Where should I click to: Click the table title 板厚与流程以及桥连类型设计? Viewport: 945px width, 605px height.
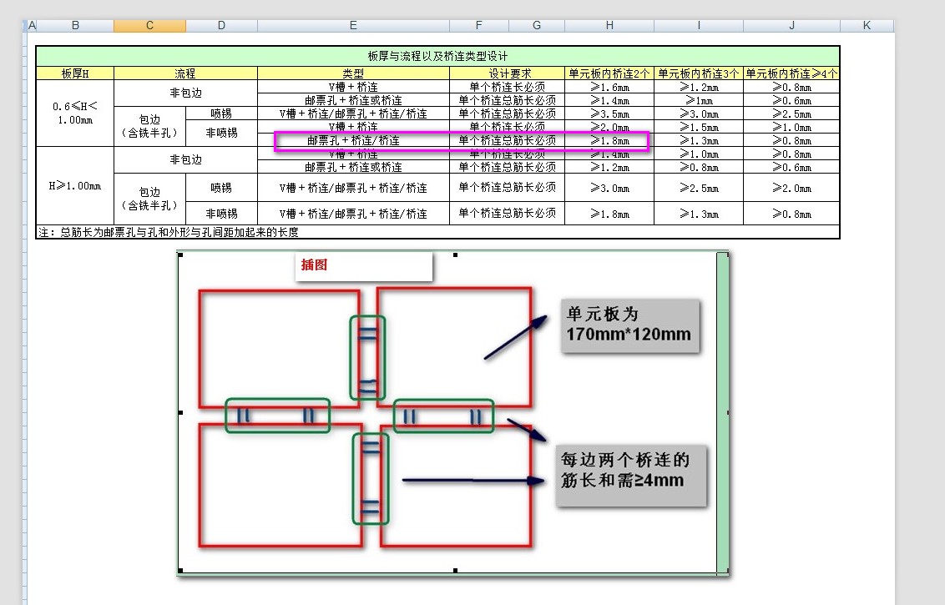(437, 56)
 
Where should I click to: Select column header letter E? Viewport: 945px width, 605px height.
(353, 25)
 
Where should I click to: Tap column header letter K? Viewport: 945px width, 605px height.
(867, 25)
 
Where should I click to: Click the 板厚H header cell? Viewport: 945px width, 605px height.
(75, 73)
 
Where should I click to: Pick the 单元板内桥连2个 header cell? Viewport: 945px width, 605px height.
(609, 73)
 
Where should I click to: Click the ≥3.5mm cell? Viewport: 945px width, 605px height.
(609, 113)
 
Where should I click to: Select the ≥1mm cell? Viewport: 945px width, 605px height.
(699, 100)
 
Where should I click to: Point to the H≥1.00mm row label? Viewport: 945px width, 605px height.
(75, 185)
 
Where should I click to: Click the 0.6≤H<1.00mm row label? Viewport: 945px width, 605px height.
(75, 113)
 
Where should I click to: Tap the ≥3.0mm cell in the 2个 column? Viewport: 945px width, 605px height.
(609, 188)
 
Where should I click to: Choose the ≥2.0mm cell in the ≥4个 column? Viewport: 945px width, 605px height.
(792, 188)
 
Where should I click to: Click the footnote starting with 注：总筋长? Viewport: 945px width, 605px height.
(168, 232)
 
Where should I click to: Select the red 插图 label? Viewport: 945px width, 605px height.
(314, 265)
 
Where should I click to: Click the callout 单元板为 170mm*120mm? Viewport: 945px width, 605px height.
(629, 325)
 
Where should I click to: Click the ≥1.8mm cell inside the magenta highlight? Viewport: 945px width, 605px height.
(609, 140)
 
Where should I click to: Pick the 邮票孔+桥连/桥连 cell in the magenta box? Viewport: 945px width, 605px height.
(353, 140)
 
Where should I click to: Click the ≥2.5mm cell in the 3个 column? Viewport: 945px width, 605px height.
(699, 188)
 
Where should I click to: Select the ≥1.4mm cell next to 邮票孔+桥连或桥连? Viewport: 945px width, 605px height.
(609, 100)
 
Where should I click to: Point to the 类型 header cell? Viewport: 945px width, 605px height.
(353, 73)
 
